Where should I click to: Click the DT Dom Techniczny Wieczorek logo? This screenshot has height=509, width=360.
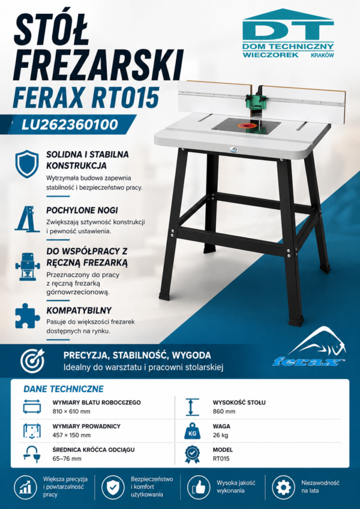[x=288, y=34]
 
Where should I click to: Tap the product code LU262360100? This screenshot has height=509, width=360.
[x=70, y=125]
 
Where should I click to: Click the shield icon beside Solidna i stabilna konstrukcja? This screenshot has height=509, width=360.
[x=27, y=164]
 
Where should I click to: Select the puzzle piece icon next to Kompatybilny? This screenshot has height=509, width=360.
[x=28, y=316]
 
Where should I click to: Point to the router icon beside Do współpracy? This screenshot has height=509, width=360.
[x=27, y=267]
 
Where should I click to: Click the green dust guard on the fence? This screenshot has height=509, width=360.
[x=257, y=100]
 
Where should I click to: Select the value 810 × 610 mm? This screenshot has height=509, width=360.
[x=71, y=412]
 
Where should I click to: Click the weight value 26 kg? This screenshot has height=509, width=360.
[x=220, y=435]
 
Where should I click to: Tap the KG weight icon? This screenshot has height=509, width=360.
[x=193, y=431]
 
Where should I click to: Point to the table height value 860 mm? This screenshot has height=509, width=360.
[x=224, y=412]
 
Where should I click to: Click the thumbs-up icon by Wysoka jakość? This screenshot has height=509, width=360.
[x=198, y=487]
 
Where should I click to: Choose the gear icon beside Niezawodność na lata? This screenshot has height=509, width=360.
[x=283, y=487]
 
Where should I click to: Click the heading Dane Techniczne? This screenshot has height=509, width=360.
[x=64, y=389]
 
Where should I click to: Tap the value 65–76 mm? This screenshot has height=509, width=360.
[x=67, y=459]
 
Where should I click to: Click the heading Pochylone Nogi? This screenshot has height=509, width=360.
[x=82, y=210]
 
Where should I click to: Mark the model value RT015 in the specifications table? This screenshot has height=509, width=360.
[x=221, y=459]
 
